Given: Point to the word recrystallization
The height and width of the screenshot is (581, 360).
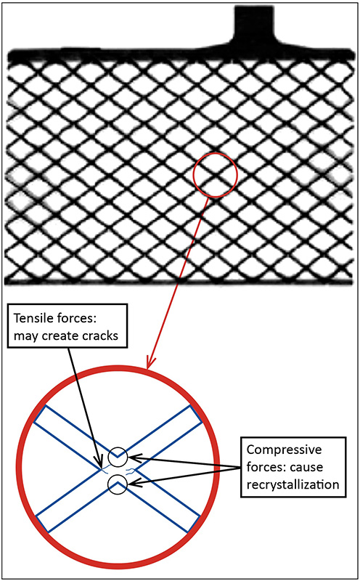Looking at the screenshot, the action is coord(292,484).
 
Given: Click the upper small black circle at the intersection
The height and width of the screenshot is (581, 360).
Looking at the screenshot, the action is coord(118,457).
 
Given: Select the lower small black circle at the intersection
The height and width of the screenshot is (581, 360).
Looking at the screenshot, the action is coord(118,484).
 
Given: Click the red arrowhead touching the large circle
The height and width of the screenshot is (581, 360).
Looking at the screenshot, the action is coord(151,363).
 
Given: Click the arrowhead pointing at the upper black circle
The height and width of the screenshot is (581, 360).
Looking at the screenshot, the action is coord(133,459).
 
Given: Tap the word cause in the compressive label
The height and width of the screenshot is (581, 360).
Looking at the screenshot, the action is coord(306,467).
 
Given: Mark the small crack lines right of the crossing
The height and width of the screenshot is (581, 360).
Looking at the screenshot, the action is coord(131,471).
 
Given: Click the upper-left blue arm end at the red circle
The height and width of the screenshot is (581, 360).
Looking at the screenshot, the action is coord(40,414).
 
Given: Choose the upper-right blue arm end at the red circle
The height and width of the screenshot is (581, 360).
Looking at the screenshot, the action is coord(196,413).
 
